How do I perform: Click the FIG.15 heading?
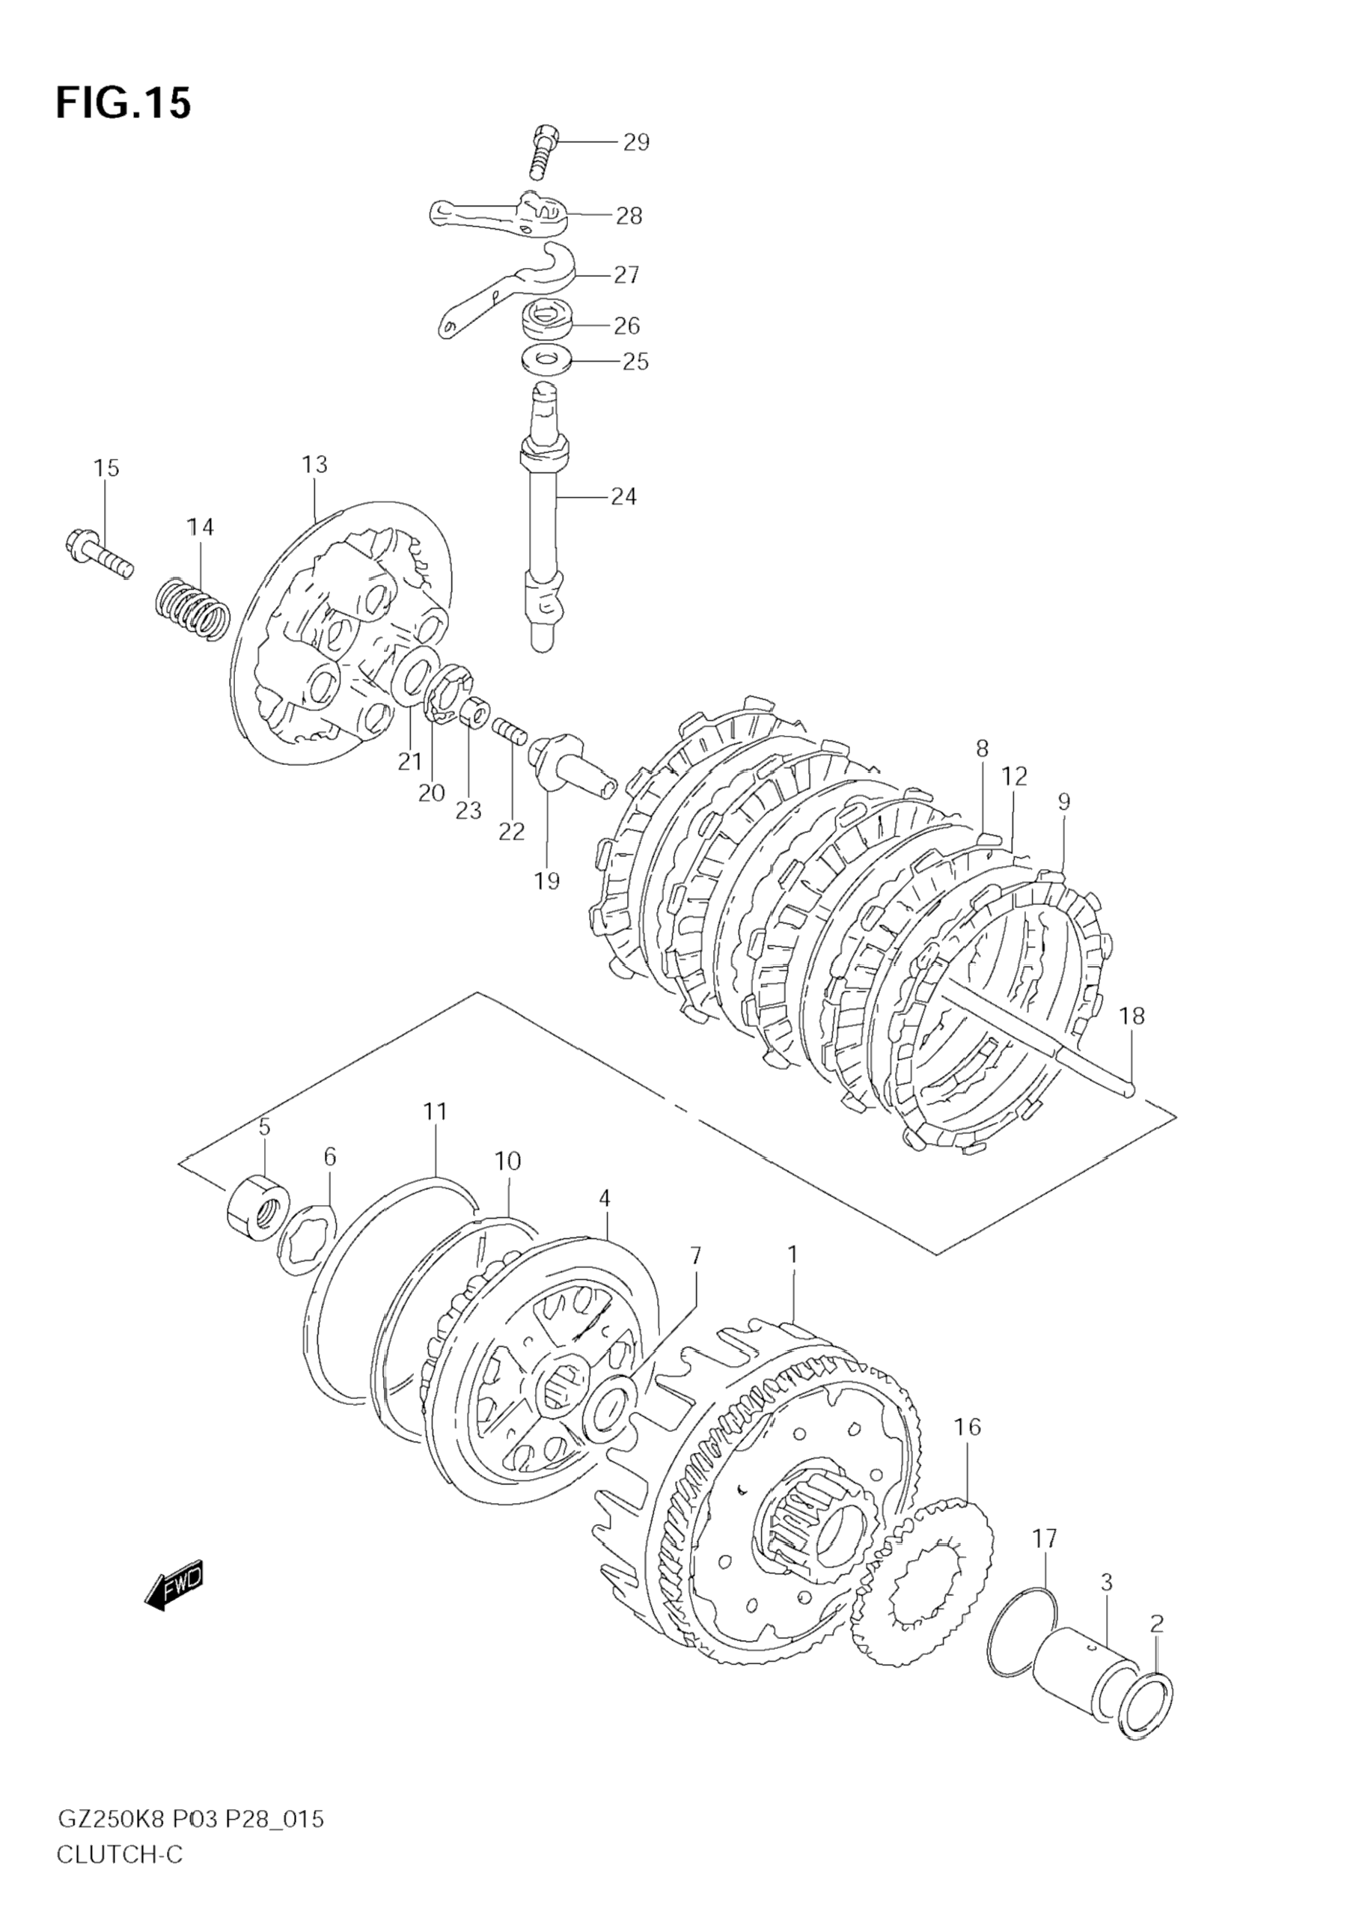123,103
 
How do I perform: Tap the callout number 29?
636,142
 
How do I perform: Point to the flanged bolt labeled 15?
98,555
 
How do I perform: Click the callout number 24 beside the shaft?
623,497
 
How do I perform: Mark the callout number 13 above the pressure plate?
314,464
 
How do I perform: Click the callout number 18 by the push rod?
1131,1017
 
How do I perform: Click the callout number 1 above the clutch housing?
792,1277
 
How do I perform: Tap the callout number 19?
547,880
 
